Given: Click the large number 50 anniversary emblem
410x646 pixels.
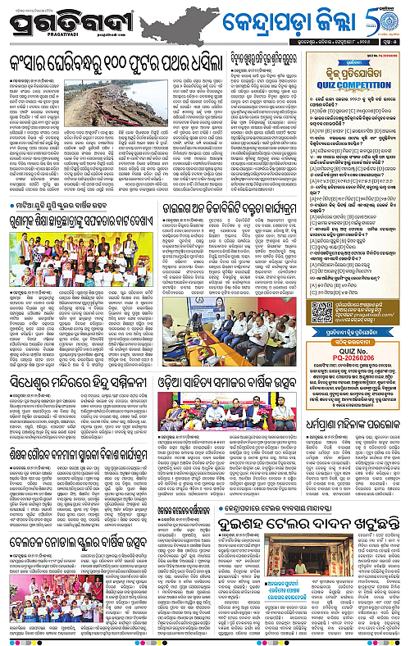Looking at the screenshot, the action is pos(385,18).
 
